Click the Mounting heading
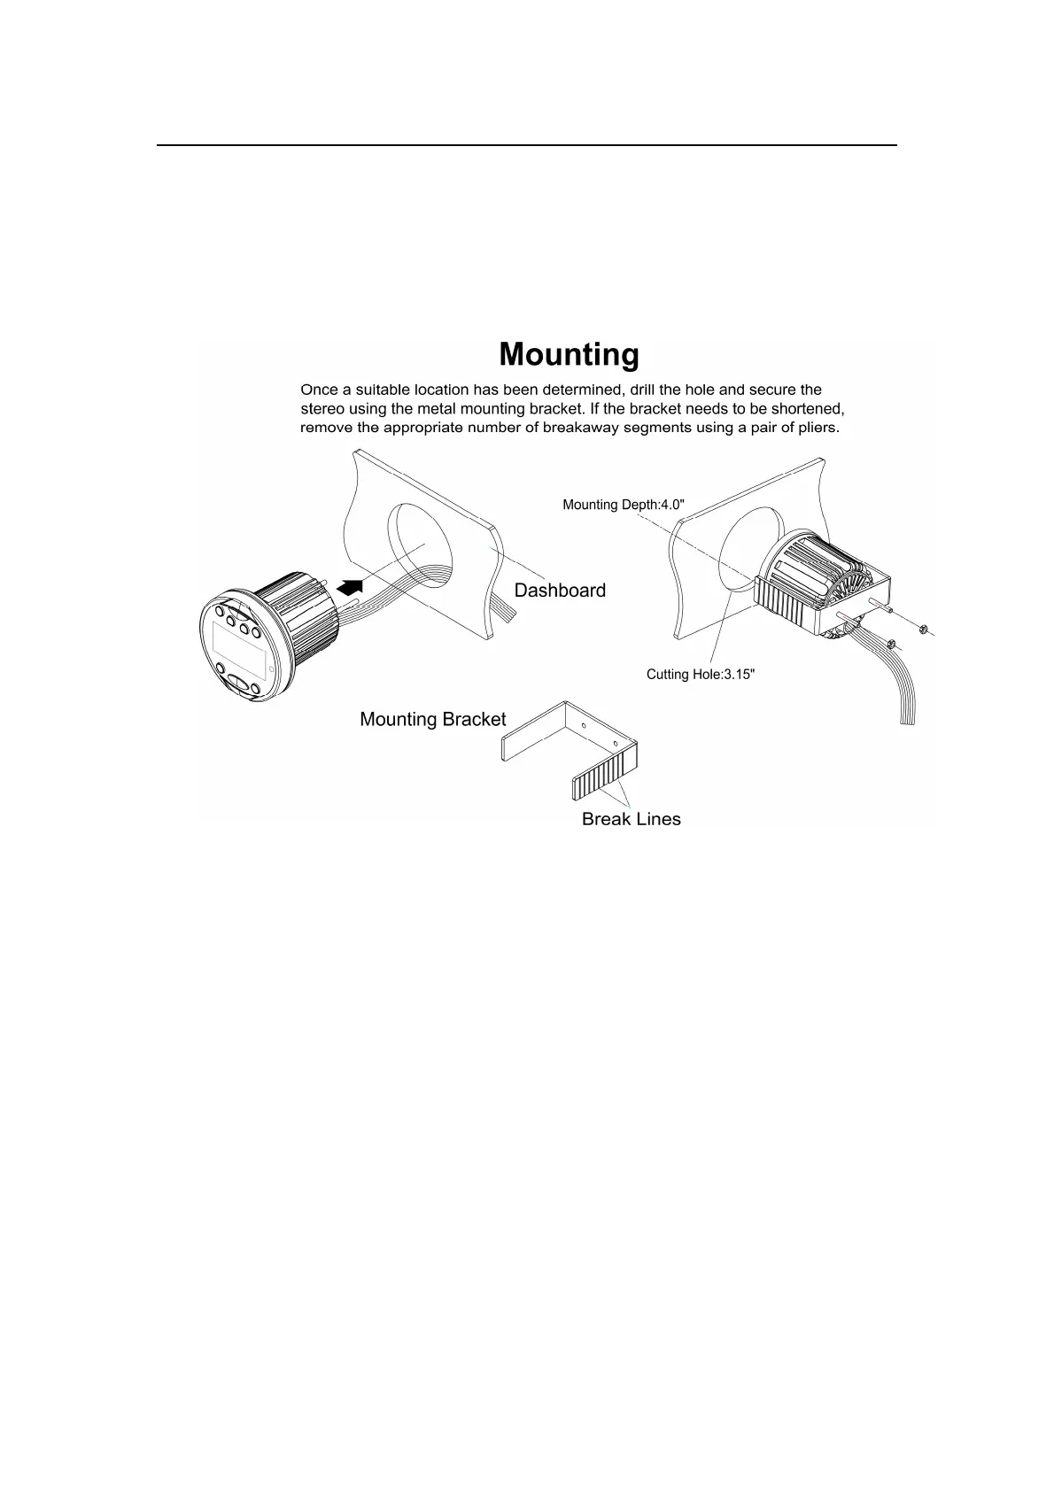pyautogui.click(x=569, y=354)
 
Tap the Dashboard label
pyautogui.click(x=560, y=591)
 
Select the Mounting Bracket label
pyautogui.click(x=432, y=720)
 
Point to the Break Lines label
pyautogui.click(x=631, y=820)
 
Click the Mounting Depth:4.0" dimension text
pyautogui.click(x=624, y=505)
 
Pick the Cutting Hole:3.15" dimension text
pyautogui.click(x=701, y=675)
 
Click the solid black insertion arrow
pyautogui.click(x=352, y=586)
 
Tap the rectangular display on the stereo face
pyautogui.click(x=238, y=644)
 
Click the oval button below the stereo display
pyautogui.click(x=239, y=683)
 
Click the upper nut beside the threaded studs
pyautogui.click(x=921, y=630)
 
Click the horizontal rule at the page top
pyautogui.click(x=527, y=145)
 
